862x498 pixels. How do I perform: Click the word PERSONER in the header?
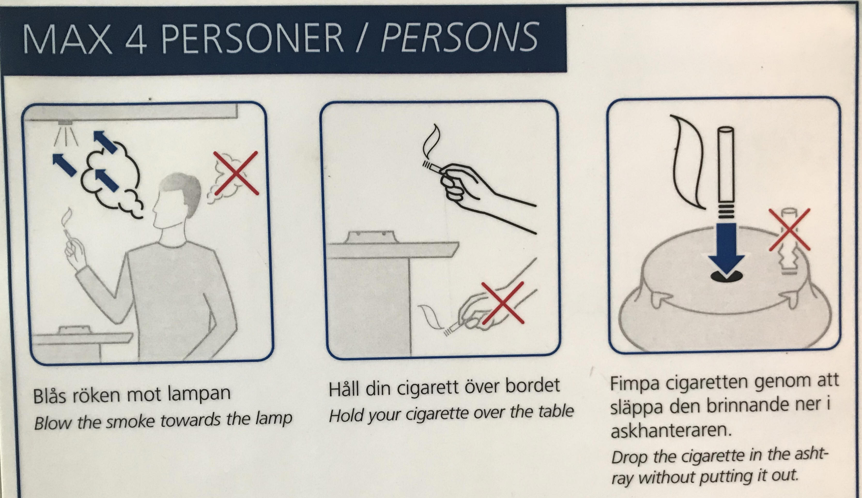point(252,38)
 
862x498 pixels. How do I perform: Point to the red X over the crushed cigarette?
point(789,230)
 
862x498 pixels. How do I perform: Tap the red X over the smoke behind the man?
point(236,173)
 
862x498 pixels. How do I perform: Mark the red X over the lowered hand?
point(503,302)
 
